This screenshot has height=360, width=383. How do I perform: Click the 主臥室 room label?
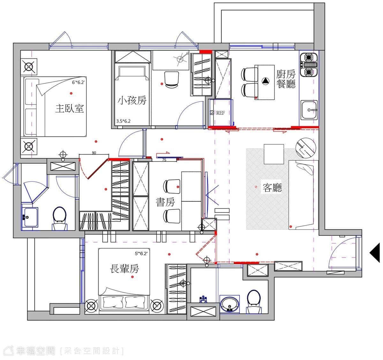click(70, 109)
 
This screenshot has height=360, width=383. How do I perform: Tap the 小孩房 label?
click(132, 101)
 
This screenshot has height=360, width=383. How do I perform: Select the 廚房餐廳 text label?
click(286, 79)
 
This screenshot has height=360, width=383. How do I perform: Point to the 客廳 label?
click(272, 188)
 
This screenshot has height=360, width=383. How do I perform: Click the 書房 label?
click(165, 202)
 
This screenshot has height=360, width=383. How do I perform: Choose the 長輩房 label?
click(124, 269)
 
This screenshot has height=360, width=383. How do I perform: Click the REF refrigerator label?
click(221, 113)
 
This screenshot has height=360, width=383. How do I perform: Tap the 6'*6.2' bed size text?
click(78, 82)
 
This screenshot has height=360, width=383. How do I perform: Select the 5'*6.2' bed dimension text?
click(141, 253)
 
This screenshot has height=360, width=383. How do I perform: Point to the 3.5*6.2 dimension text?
click(123, 121)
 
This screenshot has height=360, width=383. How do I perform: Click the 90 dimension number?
click(94, 153)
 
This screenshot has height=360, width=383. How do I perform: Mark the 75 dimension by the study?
click(164, 160)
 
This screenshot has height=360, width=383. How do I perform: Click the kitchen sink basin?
click(309, 110)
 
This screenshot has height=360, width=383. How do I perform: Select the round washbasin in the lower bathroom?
click(229, 304)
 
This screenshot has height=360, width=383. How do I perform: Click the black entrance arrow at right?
click(375, 253)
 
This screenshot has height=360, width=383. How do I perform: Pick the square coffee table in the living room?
click(274, 154)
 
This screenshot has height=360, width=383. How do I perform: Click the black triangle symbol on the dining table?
click(265, 81)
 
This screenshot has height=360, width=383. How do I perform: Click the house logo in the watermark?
click(9, 351)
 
